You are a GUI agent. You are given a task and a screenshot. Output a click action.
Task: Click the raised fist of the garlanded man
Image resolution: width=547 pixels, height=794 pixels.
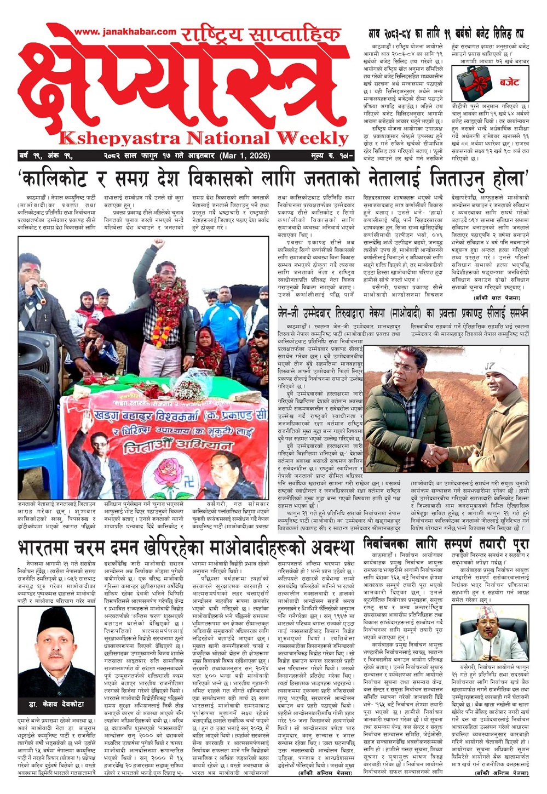coord(158,243)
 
